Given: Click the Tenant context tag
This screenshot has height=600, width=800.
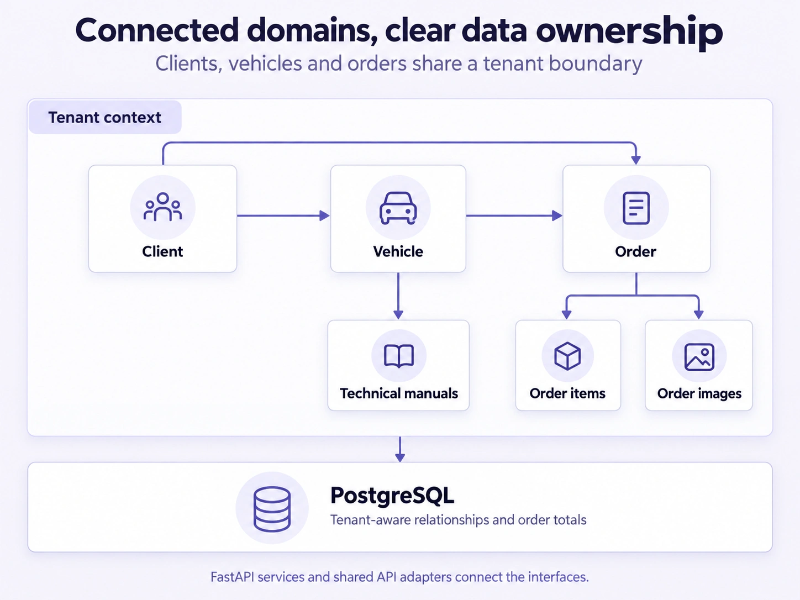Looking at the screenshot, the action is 105,117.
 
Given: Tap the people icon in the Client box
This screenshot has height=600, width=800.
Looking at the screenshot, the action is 162,207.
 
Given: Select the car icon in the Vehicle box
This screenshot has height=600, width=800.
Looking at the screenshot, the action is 398,208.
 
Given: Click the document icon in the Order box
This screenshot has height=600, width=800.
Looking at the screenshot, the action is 636,208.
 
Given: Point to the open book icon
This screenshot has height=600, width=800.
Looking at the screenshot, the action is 399,356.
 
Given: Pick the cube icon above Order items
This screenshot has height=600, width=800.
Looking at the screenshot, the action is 567,356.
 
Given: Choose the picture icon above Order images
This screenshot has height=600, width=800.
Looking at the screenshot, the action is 699,357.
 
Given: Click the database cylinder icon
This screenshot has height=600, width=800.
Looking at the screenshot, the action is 272,509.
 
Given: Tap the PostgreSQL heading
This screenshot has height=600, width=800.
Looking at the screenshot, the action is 392,496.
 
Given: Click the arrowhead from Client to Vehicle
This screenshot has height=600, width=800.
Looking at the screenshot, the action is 324,215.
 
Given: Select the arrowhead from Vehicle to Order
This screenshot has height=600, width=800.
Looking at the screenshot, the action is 557,215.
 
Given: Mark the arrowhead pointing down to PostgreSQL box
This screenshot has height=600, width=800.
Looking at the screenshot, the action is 400,457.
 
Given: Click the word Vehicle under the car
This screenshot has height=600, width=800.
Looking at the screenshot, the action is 398,251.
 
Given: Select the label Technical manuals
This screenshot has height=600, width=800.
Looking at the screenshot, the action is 399,393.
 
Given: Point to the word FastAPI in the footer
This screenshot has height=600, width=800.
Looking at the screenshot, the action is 232,577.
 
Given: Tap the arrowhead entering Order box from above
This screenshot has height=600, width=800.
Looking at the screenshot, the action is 636,160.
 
